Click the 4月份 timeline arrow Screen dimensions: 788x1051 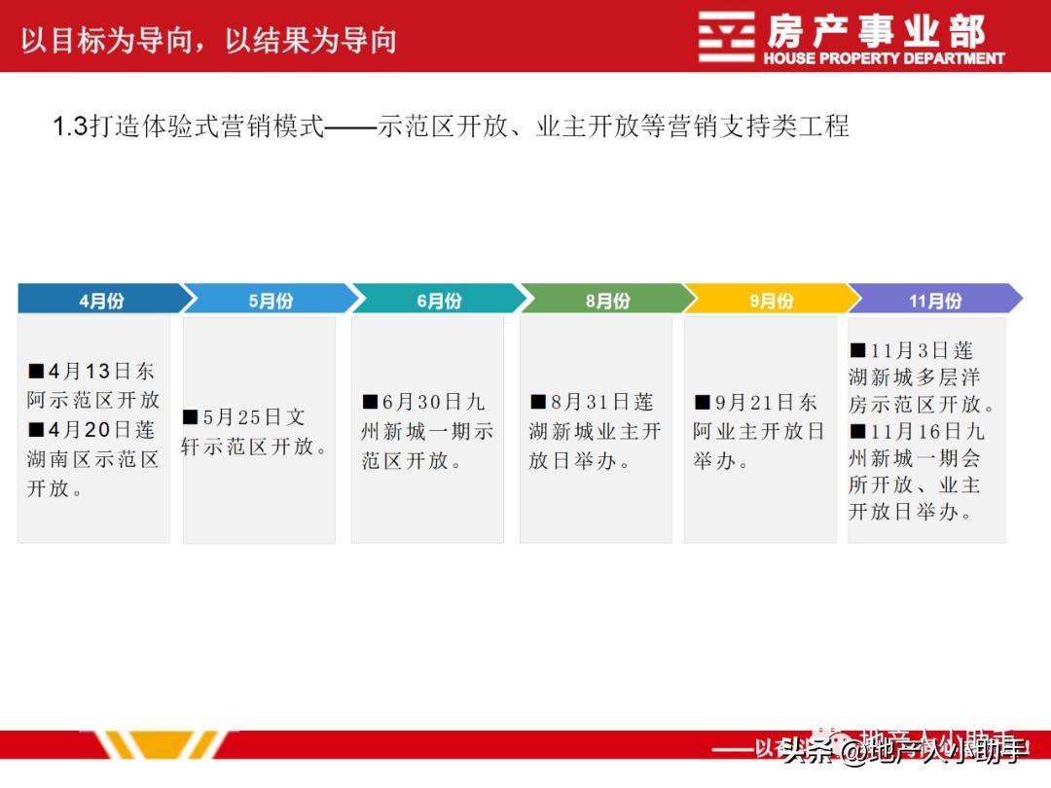(x=101, y=300)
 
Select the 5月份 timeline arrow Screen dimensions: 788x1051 (x=271, y=300)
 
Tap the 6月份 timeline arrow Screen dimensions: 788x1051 (x=439, y=300)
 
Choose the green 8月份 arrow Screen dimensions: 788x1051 (x=607, y=300)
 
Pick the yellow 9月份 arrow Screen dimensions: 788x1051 (x=771, y=300)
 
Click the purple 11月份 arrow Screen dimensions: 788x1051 (x=935, y=300)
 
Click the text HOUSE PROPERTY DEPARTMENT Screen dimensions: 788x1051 (x=884, y=58)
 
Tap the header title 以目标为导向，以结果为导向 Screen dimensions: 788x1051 (x=208, y=40)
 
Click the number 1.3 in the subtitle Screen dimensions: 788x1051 (x=69, y=126)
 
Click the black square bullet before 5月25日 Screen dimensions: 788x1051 (x=191, y=417)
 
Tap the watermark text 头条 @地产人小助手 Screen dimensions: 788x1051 (x=905, y=750)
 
